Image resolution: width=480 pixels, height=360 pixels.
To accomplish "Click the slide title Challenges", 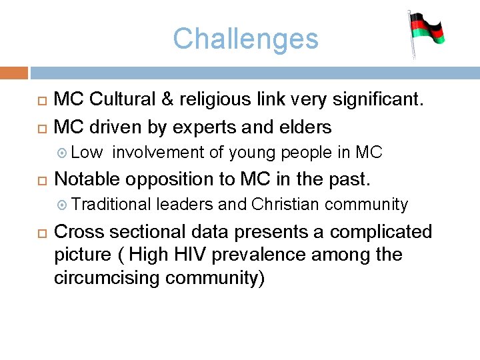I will point(245,39).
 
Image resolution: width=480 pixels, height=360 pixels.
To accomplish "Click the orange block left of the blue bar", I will point(14,73).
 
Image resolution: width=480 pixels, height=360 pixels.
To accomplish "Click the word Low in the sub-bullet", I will point(87,153).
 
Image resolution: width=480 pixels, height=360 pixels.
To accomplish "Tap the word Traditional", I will point(111,205).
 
